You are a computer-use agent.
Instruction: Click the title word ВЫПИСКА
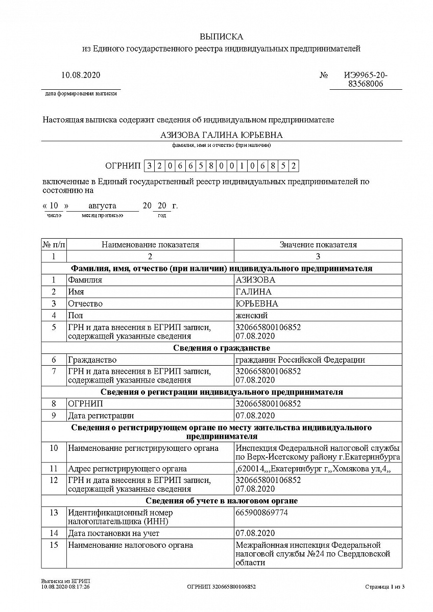point(222,37)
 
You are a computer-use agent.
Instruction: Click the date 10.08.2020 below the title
point(81,75)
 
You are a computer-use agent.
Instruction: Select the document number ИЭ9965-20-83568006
point(365,80)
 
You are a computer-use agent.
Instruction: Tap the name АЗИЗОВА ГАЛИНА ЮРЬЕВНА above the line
point(222,135)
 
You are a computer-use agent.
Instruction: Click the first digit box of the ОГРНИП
point(149,166)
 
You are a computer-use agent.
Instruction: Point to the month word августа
point(102,206)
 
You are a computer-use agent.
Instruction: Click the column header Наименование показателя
point(150,245)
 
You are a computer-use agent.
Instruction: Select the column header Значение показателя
point(318,245)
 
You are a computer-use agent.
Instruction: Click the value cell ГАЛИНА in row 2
point(253,292)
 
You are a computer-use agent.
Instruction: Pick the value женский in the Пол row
point(251,315)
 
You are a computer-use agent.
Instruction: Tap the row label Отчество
point(85,303)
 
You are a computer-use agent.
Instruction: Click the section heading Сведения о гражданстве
point(222,348)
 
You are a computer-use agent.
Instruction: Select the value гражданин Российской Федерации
point(300,360)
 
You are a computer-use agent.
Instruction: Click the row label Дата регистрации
point(101,416)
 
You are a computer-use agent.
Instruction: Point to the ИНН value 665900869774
point(261,513)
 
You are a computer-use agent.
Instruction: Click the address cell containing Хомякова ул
point(313,469)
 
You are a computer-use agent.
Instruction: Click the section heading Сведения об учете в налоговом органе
point(222,501)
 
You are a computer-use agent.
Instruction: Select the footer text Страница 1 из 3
point(384,587)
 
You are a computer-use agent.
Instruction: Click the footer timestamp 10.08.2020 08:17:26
point(65,587)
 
